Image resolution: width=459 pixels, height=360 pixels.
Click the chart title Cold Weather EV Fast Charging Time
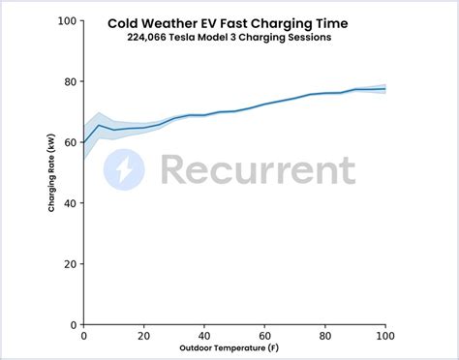pos(235,23)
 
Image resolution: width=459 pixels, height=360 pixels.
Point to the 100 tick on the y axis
pos(67,20)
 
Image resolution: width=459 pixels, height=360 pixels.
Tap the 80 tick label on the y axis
pos(70,81)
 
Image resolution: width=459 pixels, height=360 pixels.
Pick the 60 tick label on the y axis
pos(70,142)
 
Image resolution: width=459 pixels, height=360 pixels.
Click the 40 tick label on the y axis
pos(70,203)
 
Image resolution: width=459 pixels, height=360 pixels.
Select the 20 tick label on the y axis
pos(70,264)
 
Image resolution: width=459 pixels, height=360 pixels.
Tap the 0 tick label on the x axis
pos(84,335)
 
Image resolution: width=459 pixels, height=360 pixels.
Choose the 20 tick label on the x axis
pos(144,335)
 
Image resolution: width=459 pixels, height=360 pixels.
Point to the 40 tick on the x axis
pos(204,335)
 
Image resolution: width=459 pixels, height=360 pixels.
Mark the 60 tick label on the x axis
pos(264,335)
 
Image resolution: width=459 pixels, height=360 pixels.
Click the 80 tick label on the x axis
pos(324,335)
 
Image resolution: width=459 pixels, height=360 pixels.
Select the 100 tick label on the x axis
pos(384,335)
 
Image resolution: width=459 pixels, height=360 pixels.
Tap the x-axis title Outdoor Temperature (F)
pos(235,347)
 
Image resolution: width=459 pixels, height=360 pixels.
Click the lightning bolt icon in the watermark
pos(124,171)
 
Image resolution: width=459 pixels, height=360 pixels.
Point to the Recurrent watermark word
pos(258,171)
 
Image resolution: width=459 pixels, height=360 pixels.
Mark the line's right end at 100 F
pos(385,89)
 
